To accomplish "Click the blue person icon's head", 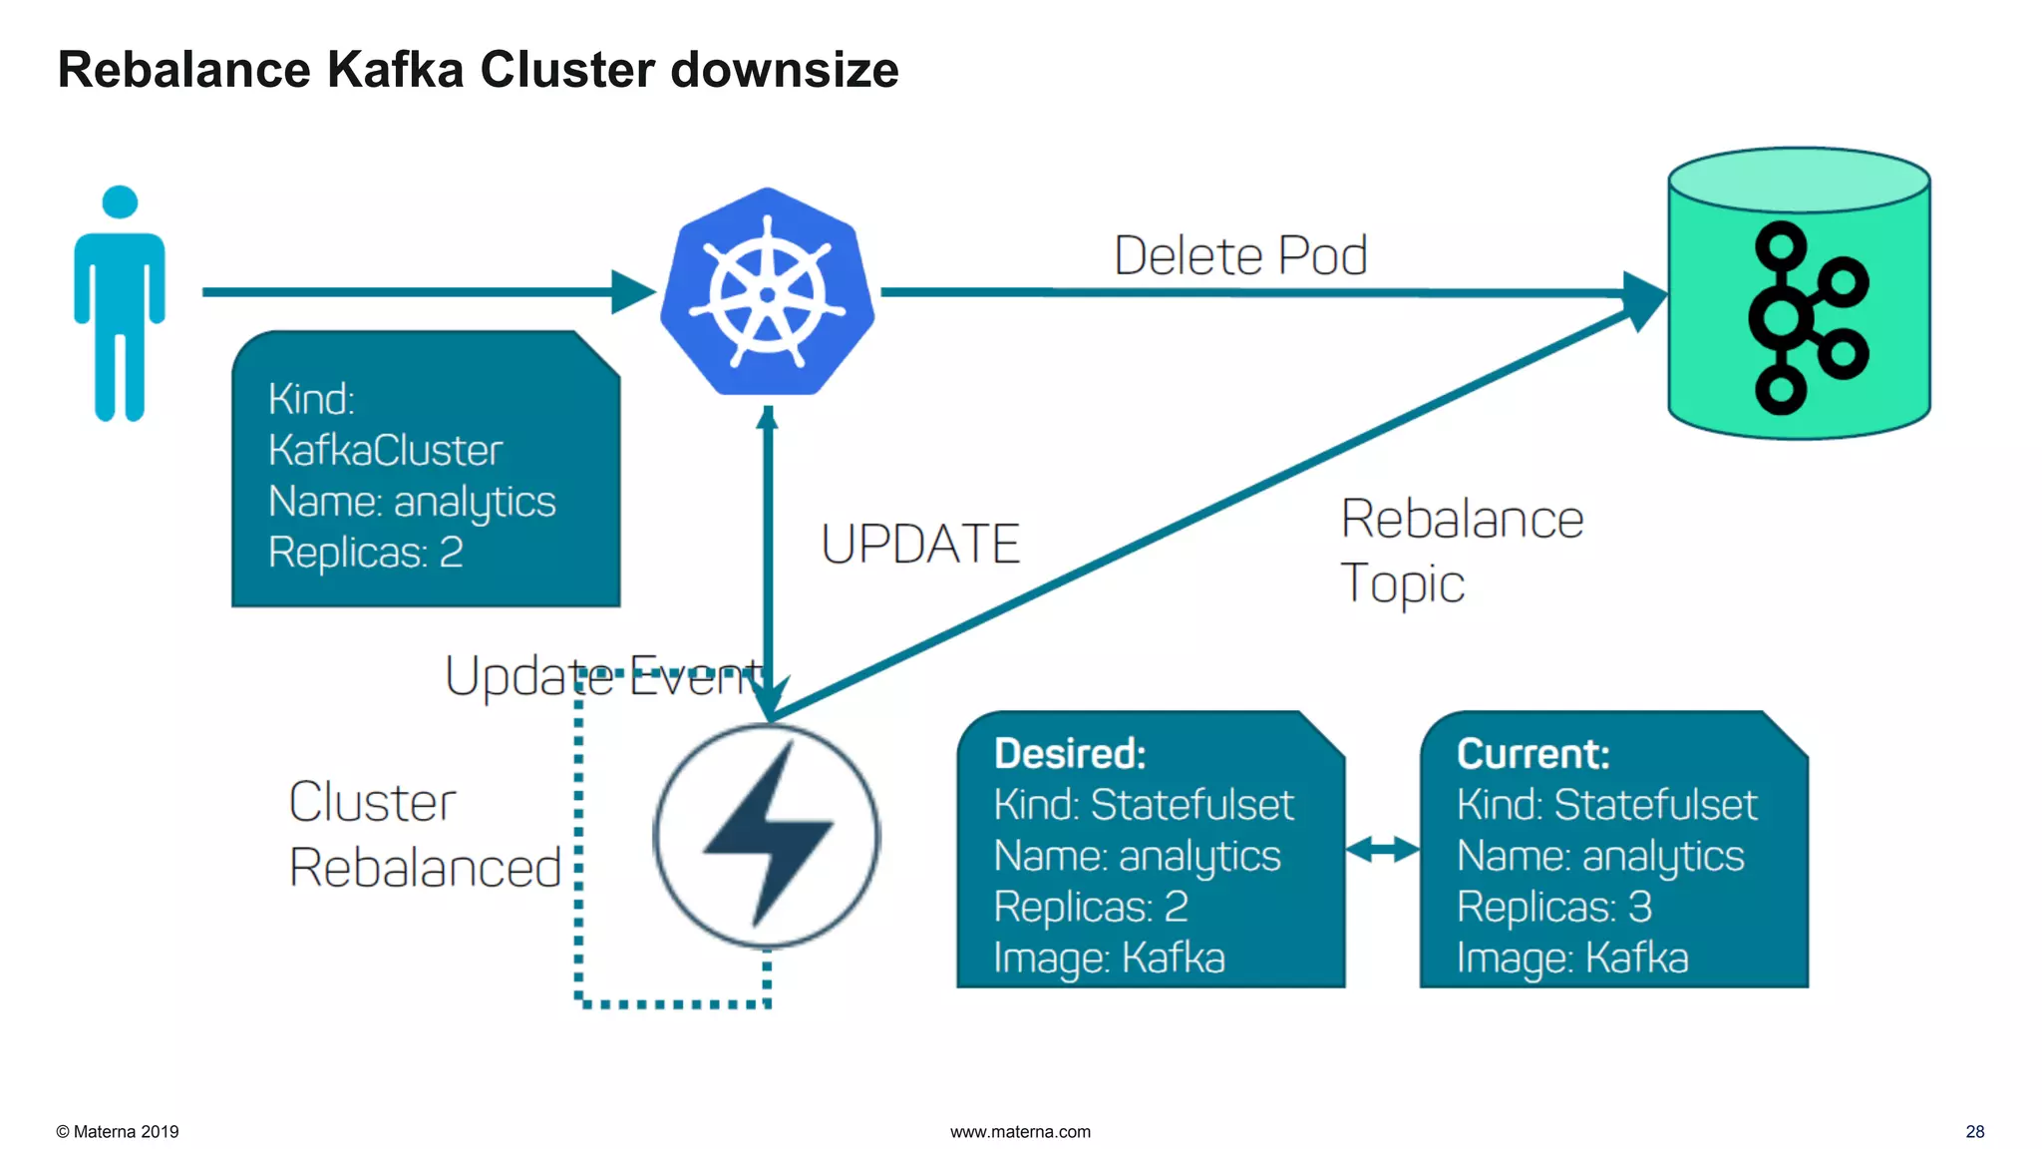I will [x=120, y=201].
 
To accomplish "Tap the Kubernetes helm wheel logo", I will [x=767, y=293].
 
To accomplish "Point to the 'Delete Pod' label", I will [x=1239, y=256].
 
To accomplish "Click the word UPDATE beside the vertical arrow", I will [x=920, y=545].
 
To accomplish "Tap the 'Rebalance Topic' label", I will [x=1460, y=551].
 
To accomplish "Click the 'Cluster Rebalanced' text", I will [x=424, y=834].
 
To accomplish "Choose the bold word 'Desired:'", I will [x=1070, y=754].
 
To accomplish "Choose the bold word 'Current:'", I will [x=1532, y=754].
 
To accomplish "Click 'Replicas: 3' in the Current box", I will [x=1553, y=907].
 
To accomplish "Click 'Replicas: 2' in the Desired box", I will [x=1091, y=907].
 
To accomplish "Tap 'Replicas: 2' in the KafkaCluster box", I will [x=365, y=553].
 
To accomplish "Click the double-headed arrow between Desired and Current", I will [x=1382, y=850].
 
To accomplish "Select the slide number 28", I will [x=1974, y=1131].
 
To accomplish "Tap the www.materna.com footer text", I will [x=1020, y=1131].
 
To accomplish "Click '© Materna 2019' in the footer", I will [x=118, y=1131].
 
